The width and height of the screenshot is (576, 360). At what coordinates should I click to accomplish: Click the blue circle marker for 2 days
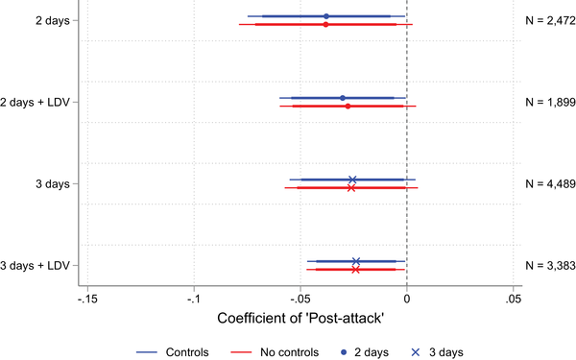[x=326, y=16]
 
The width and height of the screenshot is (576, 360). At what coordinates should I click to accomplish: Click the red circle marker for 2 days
[x=325, y=24]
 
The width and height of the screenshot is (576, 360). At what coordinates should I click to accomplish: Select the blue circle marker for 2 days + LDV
[x=343, y=98]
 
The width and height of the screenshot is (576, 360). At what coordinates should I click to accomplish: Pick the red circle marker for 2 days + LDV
[x=348, y=106]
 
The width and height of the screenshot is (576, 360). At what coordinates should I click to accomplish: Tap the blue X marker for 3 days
[x=352, y=180]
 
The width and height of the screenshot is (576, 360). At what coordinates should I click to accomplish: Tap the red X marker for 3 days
[x=351, y=188]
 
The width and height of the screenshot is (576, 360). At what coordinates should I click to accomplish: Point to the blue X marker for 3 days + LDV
[x=356, y=261]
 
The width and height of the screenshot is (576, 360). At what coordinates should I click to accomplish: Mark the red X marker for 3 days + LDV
[x=356, y=270]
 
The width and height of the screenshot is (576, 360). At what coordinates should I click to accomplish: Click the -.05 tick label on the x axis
[x=300, y=300]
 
